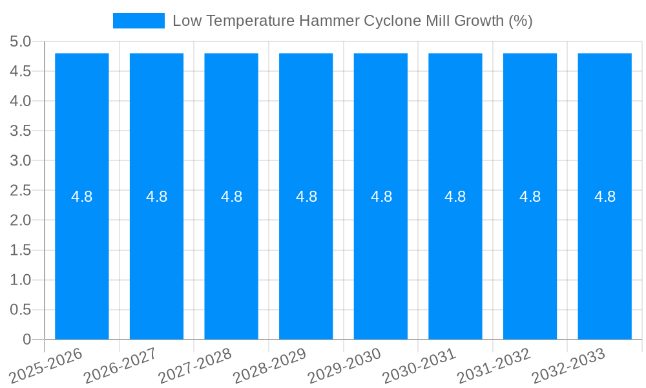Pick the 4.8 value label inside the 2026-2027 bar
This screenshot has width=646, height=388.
157,197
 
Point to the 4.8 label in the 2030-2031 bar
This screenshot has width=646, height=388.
455,197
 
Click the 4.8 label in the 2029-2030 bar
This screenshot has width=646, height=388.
381,197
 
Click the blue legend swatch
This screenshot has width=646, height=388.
139,21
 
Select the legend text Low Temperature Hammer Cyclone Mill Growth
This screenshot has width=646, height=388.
353,21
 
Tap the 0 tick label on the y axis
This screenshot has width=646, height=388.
26,339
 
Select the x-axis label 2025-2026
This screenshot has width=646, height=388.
47,364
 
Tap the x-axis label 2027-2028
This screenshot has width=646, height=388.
195,364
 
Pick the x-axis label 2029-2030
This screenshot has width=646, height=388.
344,364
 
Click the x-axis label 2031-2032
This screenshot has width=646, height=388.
494,364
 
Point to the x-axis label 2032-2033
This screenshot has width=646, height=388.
568,364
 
